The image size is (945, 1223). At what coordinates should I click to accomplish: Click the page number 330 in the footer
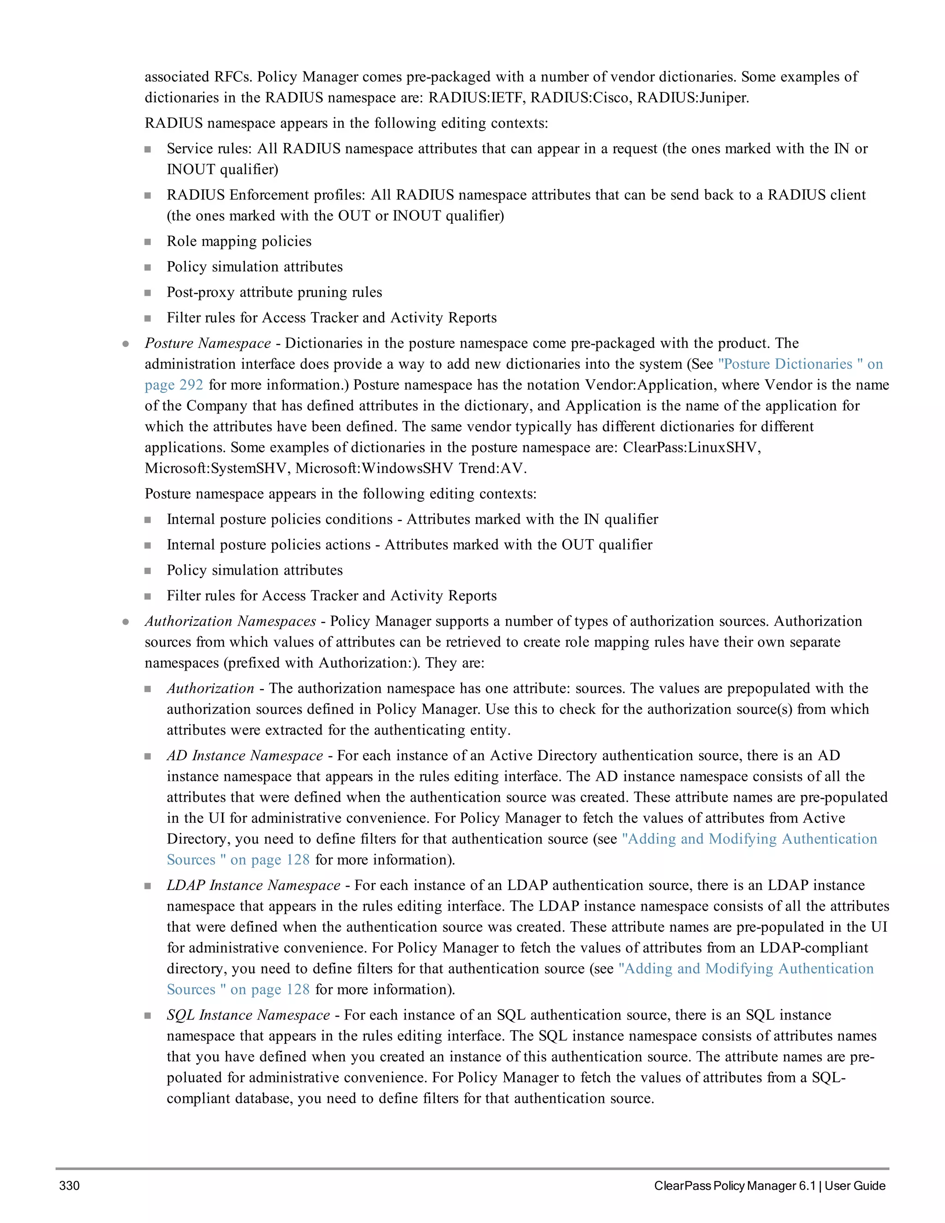point(69,1186)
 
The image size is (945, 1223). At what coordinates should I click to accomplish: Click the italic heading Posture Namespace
point(207,343)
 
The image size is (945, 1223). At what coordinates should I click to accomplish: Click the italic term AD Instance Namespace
point(245,755)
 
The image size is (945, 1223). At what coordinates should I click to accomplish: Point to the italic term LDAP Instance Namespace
point(253,885)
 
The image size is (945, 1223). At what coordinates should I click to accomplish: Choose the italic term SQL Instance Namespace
point(248,1015)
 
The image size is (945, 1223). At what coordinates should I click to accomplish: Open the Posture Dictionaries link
point(785,364)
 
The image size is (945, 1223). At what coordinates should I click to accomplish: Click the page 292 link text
point(173,385)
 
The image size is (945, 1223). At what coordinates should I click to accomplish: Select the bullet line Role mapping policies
point(239,241)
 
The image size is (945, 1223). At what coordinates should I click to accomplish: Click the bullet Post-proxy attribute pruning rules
point(275,292)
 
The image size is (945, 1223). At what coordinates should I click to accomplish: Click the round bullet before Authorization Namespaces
point(126,622)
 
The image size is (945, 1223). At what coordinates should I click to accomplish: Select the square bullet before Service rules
point(148,150)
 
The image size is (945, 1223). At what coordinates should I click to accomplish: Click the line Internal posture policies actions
point(269,545)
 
